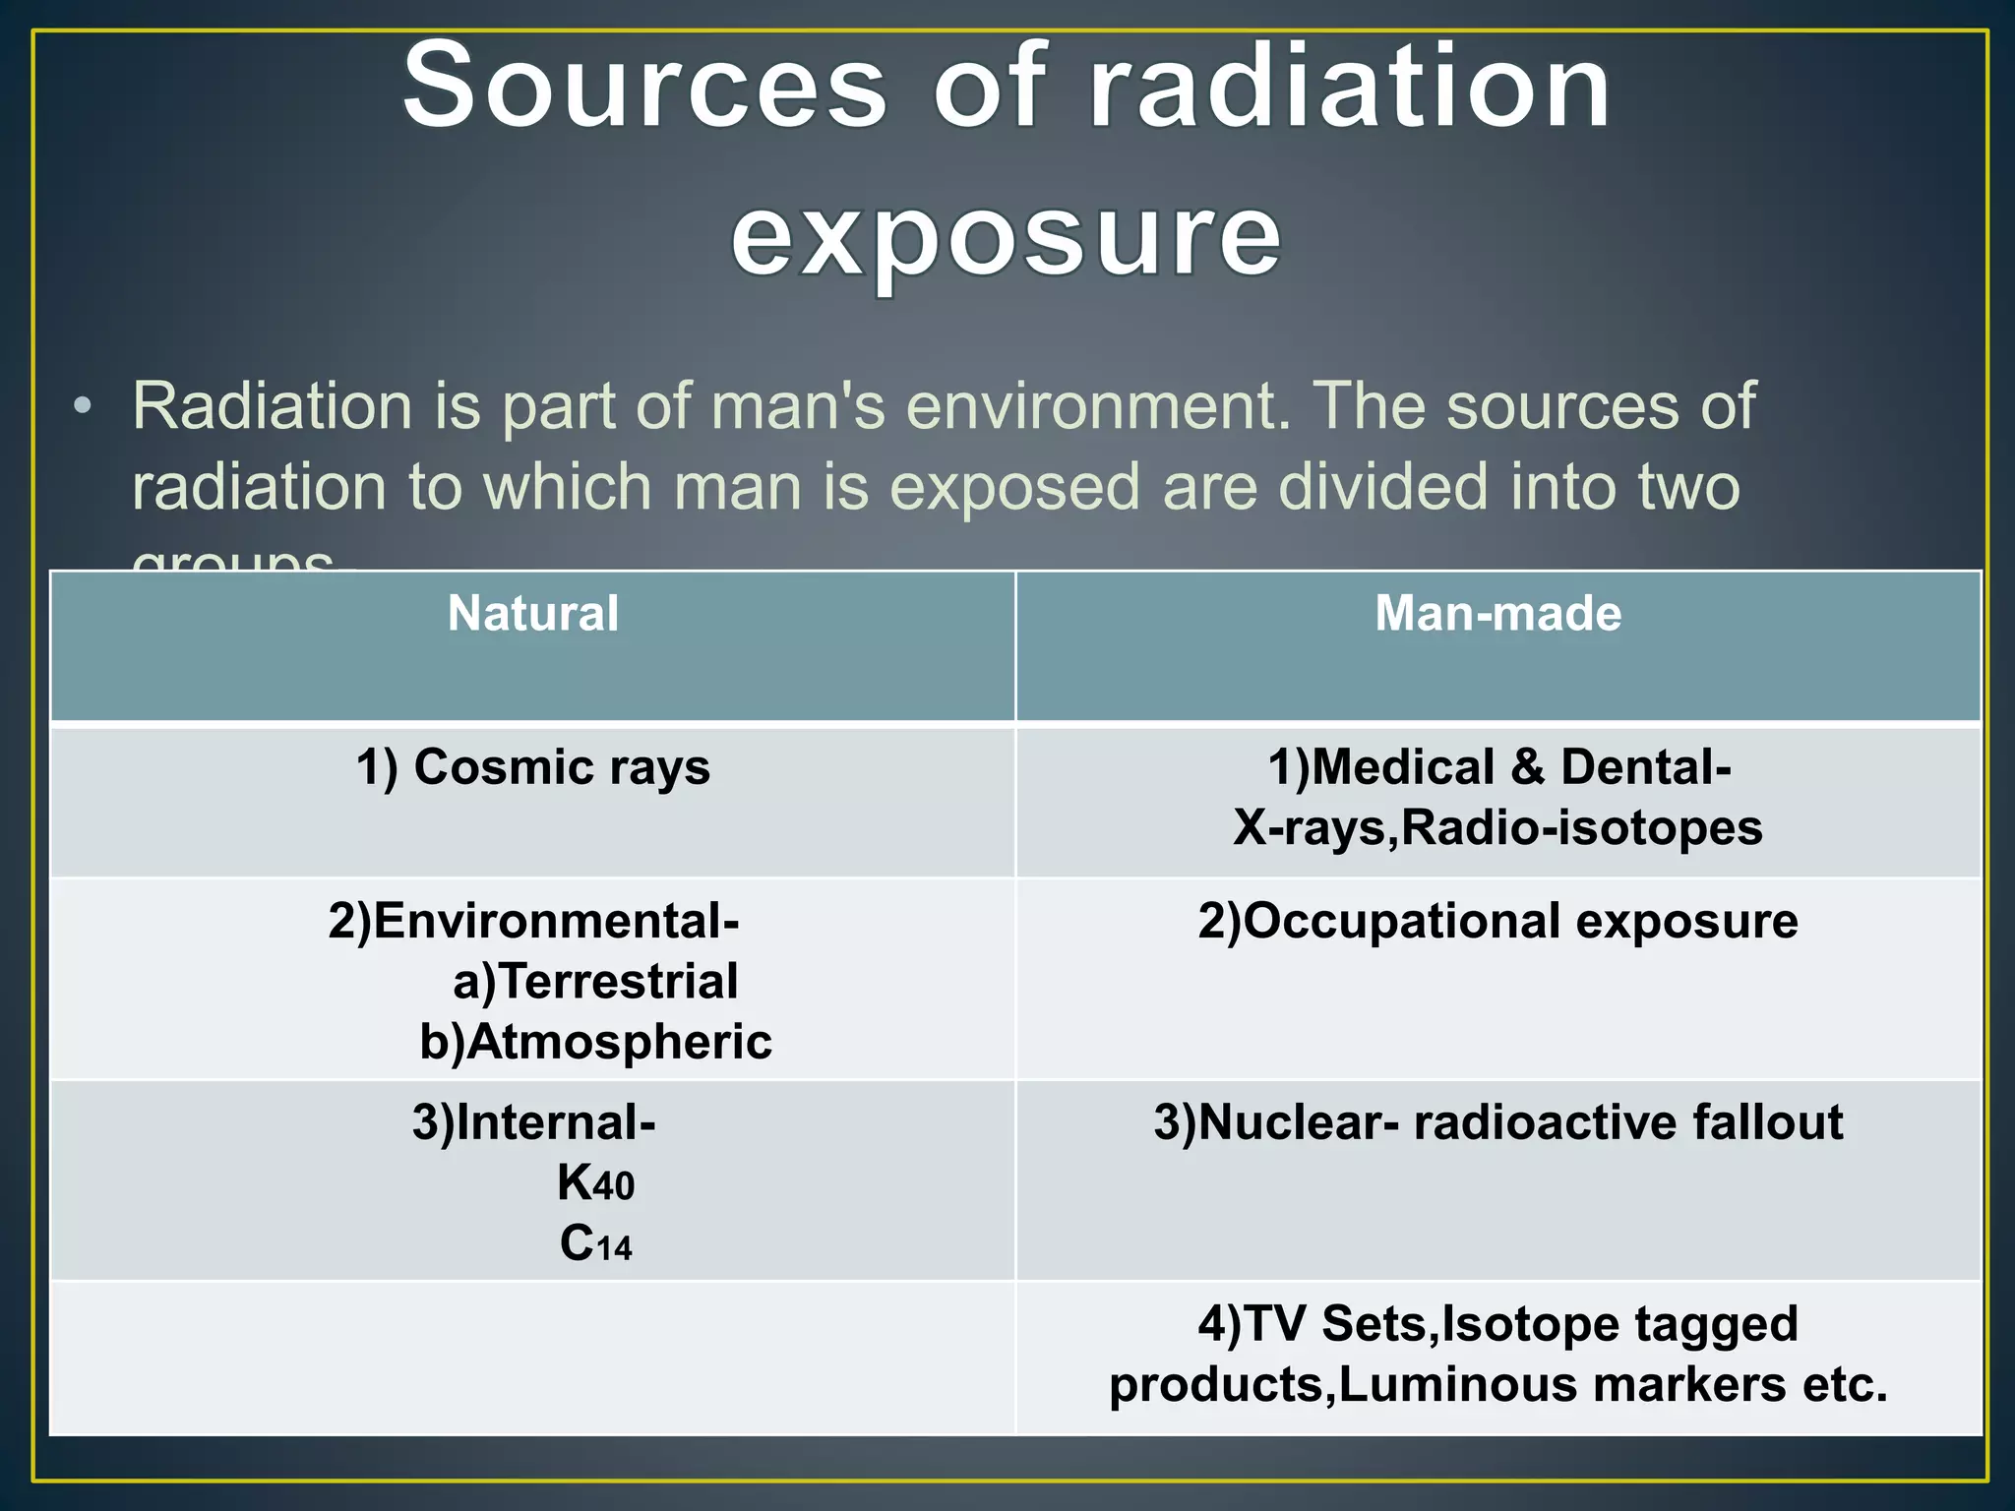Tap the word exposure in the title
[x=1006, y=236]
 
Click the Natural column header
[x=532, y=614]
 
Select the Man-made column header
[x=1497, y=614]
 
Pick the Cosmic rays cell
[x=532, y=767]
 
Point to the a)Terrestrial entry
[x=595, y=982]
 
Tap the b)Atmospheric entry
[x=595, y=1043]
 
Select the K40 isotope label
[x=595, y=1183]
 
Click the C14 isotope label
[x=595, y=1244]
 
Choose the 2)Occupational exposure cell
[x=1497, y=922]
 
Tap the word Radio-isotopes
[x=1581, y=828]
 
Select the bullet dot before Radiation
[x=86, y=406]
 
